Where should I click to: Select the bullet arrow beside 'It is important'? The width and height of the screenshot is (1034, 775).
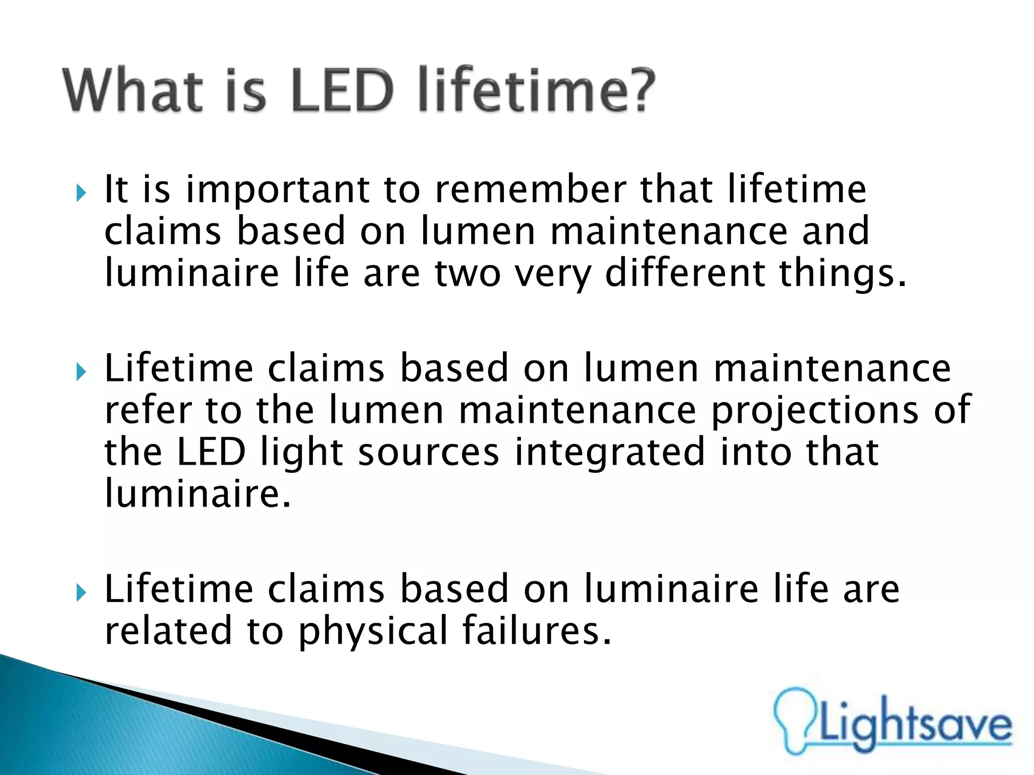coord(81,193)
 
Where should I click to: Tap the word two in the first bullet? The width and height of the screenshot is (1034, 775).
coord(468,273)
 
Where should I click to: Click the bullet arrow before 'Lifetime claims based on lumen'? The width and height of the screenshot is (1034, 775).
coord(81,373)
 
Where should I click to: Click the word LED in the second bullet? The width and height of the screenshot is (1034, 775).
coord(211,452)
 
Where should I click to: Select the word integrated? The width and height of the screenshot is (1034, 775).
coord(609,453)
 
